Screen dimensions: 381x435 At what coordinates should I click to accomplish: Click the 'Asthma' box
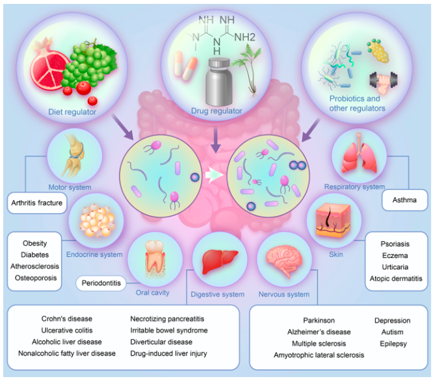(x=404, y=201)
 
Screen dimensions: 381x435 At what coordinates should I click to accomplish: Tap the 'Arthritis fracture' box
(x=37, y=203)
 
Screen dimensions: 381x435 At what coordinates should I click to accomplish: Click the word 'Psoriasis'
(x=395, y=244)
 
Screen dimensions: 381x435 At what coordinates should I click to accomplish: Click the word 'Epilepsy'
(x=392, y=343)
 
